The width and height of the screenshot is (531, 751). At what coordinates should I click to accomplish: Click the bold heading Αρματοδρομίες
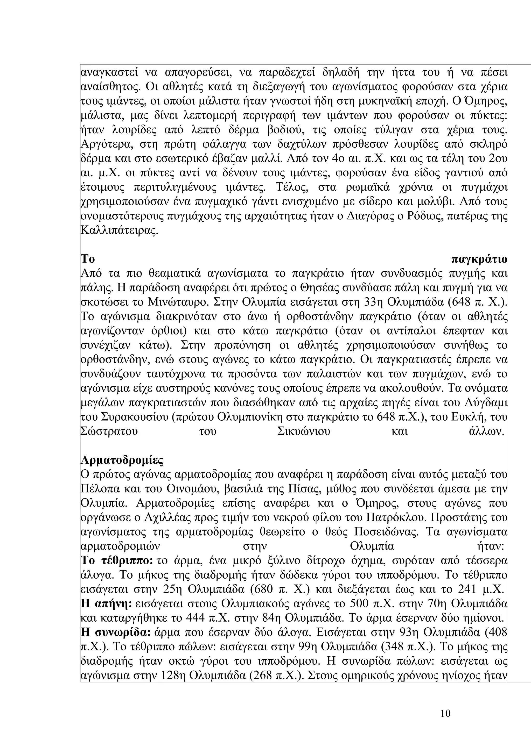pos(122,460)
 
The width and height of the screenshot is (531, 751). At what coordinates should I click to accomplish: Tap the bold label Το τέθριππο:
pos(117,561)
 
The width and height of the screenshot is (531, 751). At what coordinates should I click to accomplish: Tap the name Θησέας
pos(311,288)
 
